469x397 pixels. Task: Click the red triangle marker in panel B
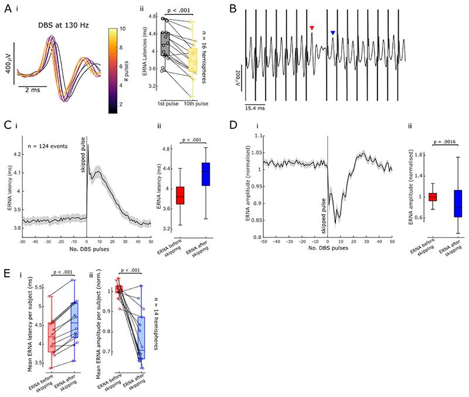pos(312,28)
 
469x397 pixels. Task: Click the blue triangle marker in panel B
pos(332,33)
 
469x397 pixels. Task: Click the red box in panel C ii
pos(180,194)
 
